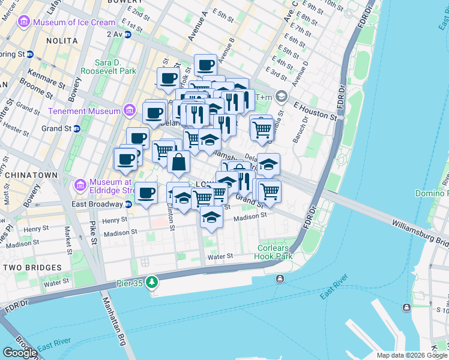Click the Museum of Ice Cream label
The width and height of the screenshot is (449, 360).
(x=74, y=23)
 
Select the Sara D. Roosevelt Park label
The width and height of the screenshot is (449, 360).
(x=116, y=67)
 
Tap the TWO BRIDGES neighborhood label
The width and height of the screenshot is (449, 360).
(x=31, y=267)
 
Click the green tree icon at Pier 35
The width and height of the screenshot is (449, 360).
(x=152, y=281)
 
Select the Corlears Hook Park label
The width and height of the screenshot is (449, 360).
(x=275, y=252)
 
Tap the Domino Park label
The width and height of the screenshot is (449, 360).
(x=432, y=193)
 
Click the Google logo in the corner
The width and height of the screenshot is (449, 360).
(x=20, y=353)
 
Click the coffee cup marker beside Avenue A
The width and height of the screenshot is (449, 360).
(x=205, y=65)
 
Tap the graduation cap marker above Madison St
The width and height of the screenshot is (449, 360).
(x=211, y=217)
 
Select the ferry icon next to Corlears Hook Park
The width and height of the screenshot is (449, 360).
(x=280, y=278)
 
